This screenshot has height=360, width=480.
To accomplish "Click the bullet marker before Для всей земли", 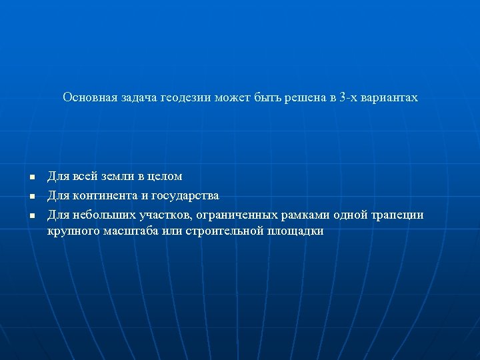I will point(31,177).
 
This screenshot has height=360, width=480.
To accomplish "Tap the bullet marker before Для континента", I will point(31,197).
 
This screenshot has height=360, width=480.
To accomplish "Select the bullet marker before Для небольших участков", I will point(31,216).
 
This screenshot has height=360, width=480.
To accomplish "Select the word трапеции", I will point(397,215).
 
